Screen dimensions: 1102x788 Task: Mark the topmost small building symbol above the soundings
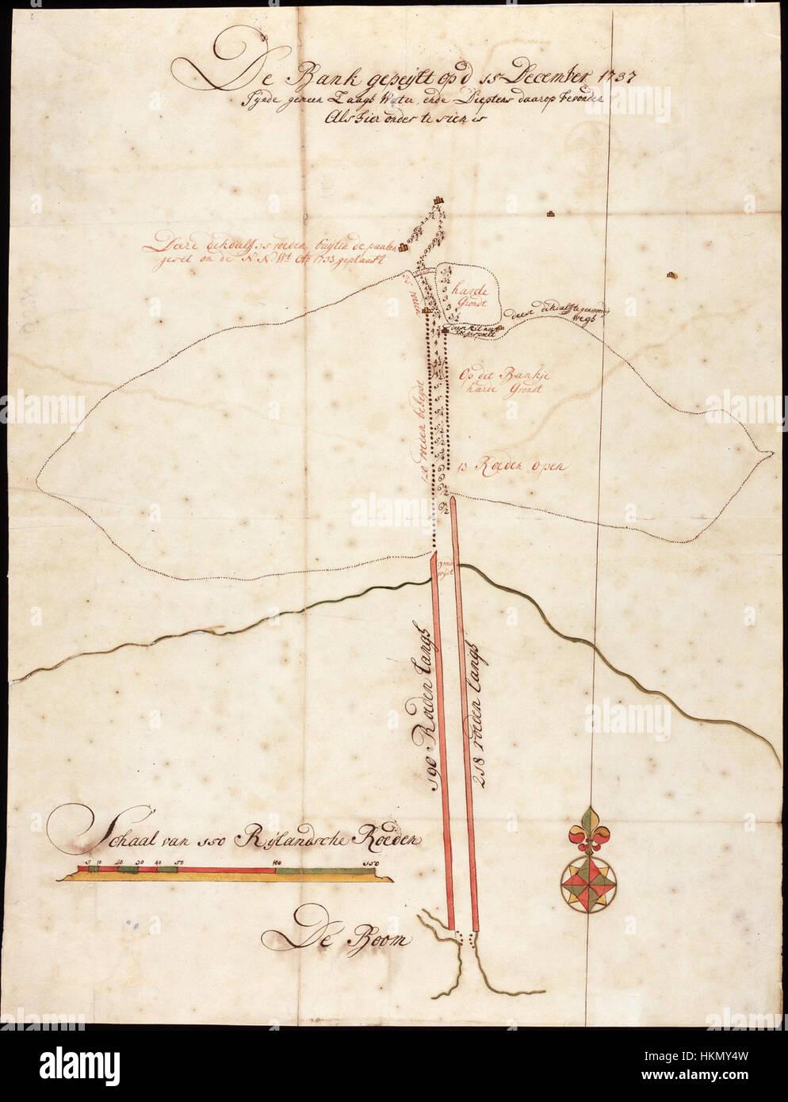[x=438, y=203]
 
